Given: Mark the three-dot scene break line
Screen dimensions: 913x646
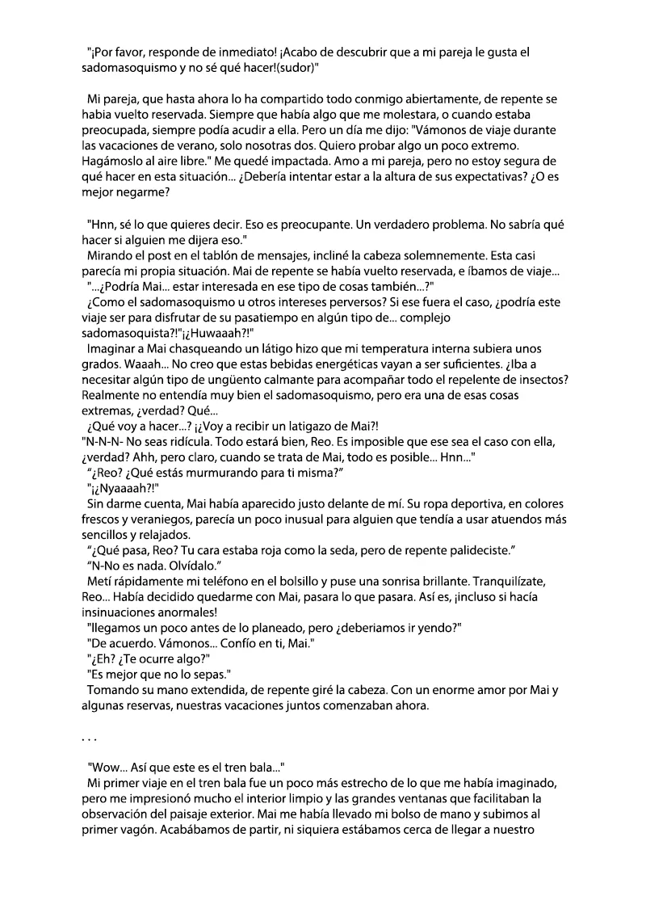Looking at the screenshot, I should (89, 737).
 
